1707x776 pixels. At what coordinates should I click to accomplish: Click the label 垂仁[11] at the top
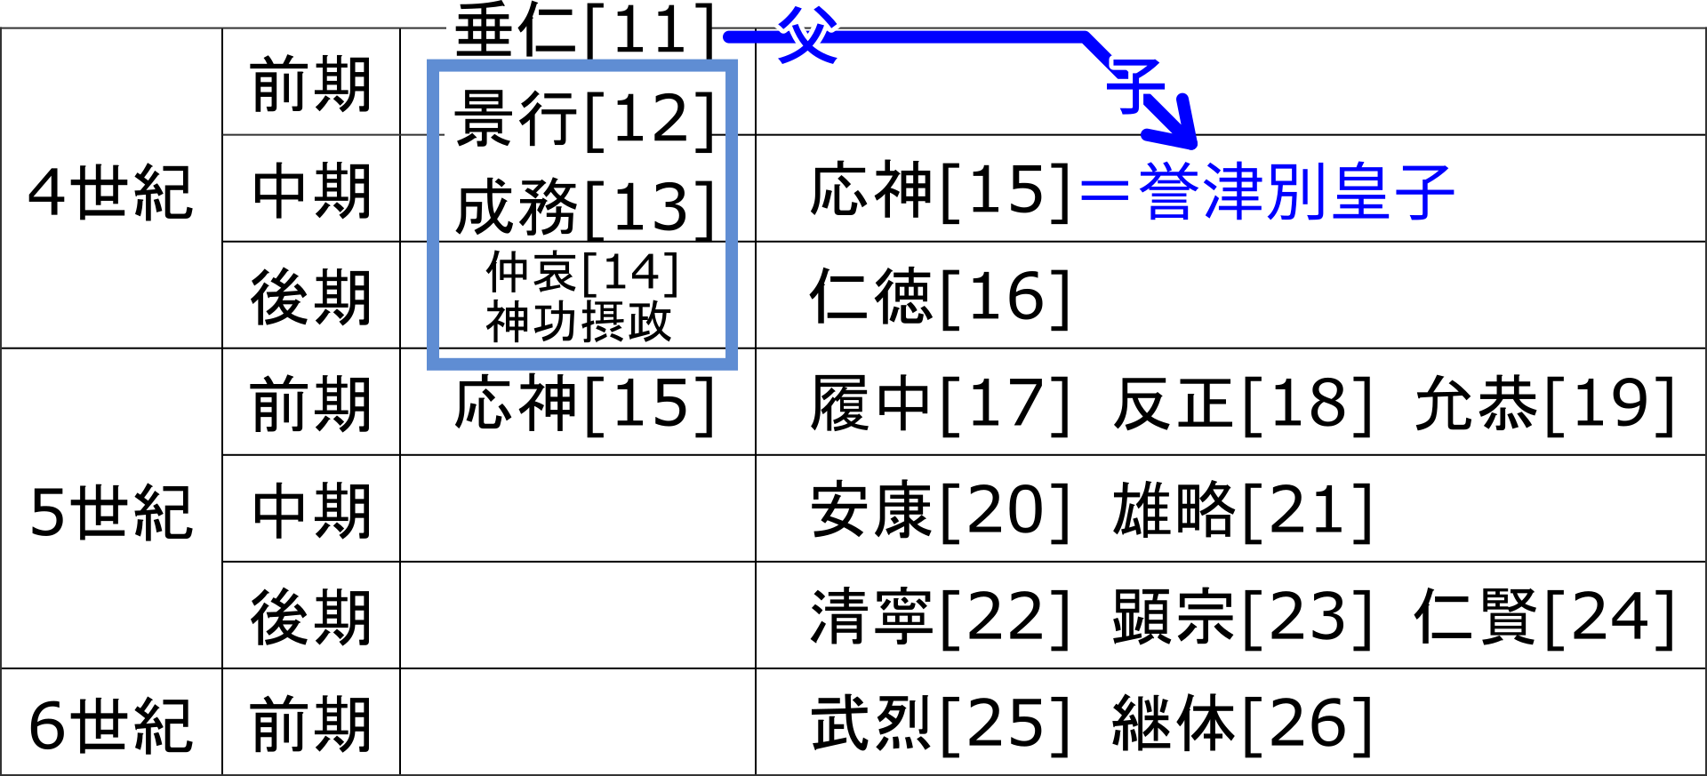pos(584,30)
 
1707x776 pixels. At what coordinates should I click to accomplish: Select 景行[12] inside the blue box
pos(584,119)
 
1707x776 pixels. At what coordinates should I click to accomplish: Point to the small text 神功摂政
pos(579,322)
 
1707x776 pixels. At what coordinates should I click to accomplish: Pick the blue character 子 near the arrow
pos(1134,85)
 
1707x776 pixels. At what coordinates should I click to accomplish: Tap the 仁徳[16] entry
pos(940,297)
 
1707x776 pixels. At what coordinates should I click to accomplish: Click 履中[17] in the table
pos(940,404)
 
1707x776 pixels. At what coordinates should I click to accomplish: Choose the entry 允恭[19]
pos(1545,404)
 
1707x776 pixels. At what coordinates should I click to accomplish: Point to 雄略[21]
pos(1243,511)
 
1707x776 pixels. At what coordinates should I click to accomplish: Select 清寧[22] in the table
pos(940,618)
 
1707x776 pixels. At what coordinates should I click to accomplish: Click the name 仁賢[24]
pos(1545,618)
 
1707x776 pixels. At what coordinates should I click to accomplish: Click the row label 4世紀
pos(110,192)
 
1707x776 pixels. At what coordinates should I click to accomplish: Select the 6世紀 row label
pos(110,725)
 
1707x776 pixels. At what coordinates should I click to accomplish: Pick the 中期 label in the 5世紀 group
pos(311,512)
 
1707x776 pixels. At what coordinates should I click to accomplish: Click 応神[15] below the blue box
pos(584,404)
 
